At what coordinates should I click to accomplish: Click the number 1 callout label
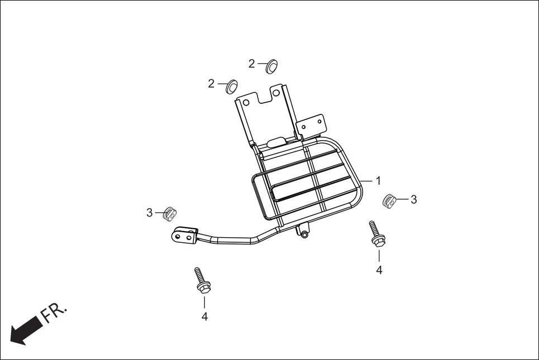(x=378, y=181)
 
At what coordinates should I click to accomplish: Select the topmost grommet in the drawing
(x=271, y=65)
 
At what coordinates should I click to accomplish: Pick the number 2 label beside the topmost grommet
(x=252, y=64)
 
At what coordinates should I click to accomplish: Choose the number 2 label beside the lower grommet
(x=211, y=84)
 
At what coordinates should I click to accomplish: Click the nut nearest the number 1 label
(x=389, y=200)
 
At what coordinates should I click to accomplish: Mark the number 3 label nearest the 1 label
(x=413, y=199)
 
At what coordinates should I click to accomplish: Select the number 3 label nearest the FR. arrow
(x=150, y=213)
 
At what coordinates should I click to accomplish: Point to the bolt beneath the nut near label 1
(x=375, y=234)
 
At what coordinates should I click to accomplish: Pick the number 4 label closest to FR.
(x=204, y=316)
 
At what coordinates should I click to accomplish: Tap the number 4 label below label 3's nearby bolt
(x=379, y=270)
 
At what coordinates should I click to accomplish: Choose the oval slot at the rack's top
(x=275, y=142)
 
